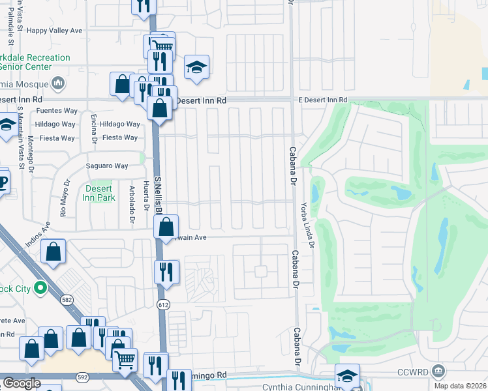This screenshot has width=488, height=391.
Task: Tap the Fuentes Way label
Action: (x=58, y=111)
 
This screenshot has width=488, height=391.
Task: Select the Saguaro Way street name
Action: (x=108, y=166)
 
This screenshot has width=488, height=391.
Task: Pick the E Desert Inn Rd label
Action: (x=323, y=100)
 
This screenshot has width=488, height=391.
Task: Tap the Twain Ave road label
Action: (x=192, y=237)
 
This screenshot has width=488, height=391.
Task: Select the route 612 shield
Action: (x=163, y=304)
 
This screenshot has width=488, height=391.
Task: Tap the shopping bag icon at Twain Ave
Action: (x=166, y=227)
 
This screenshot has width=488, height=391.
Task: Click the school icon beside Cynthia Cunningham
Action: (x=347, y=375)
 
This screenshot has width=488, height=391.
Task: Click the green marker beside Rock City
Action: (x=40, y=287)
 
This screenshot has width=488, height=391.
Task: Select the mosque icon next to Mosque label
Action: (x=58, y=83)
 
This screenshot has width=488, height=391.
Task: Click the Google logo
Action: (x=22, y=383)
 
